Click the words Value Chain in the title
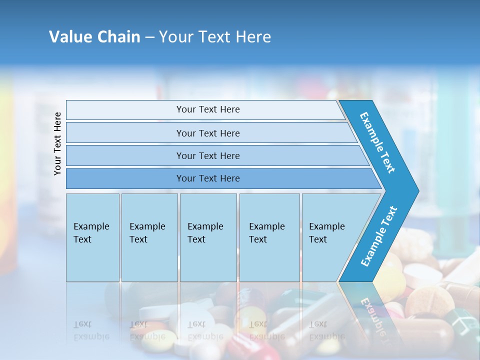[x=94, y=37]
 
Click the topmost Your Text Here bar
[x=207, y=109]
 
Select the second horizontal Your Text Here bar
[x=207, y=133]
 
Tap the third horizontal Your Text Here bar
[x=207, y=155]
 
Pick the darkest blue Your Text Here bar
[x=207, y=178]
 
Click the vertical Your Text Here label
[x=57, y=143]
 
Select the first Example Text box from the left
[x=92, y=237]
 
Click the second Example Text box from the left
[x=149, y=237]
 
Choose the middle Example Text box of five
[x=208, y=237]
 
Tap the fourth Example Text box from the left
[x=269, y=237]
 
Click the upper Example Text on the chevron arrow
[x=377, y=142]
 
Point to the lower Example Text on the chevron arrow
[x=378, y=236]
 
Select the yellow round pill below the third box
[x=250, y=317]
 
